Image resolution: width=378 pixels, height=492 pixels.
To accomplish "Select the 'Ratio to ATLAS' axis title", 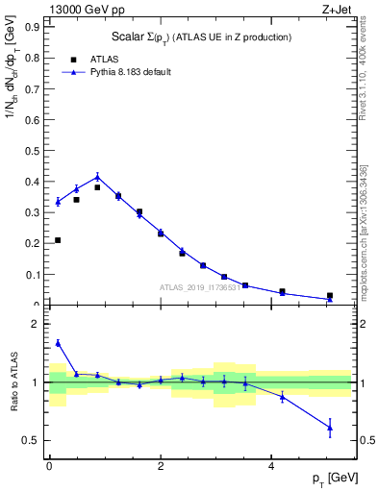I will click(x=13, y=382).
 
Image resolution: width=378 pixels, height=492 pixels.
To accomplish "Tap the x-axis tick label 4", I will click(x=272, y=466).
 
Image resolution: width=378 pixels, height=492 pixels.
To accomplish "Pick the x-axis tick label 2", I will click(x=161, y=466).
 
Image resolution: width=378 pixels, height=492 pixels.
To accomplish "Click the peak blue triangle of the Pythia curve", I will click(x=98, y=176).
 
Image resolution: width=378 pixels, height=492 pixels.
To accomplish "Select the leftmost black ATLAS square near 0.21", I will click(x=58, y=240).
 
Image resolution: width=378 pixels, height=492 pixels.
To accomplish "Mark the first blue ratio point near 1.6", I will click(x=58, y=343).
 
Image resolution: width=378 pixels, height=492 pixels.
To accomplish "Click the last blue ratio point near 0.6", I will click(x=330, y=428).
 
